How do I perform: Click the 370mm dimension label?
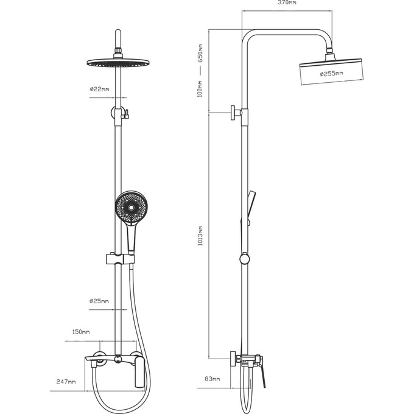click(x=287, y=2)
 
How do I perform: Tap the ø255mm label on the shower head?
click(x=332, y=73)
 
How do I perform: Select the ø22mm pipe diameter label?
click(x=99, y=89)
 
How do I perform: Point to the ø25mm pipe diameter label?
click(x=99, y=301)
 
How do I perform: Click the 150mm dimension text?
click(x=81, y=332)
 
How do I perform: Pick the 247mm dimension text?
click(x=66, y=382)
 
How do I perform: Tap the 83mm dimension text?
click(x=212, y=379)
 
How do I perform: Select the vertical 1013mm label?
click(x=200, y=236)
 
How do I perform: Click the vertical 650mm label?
click(x=200, y=53)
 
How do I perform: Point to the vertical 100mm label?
click(x=200, y=89)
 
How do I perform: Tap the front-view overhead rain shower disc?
click(x=118, y=63)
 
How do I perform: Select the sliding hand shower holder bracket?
click(x=120, y=259)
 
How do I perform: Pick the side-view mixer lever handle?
click(x=262, y=372)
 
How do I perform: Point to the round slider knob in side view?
click(x=245, y=259)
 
